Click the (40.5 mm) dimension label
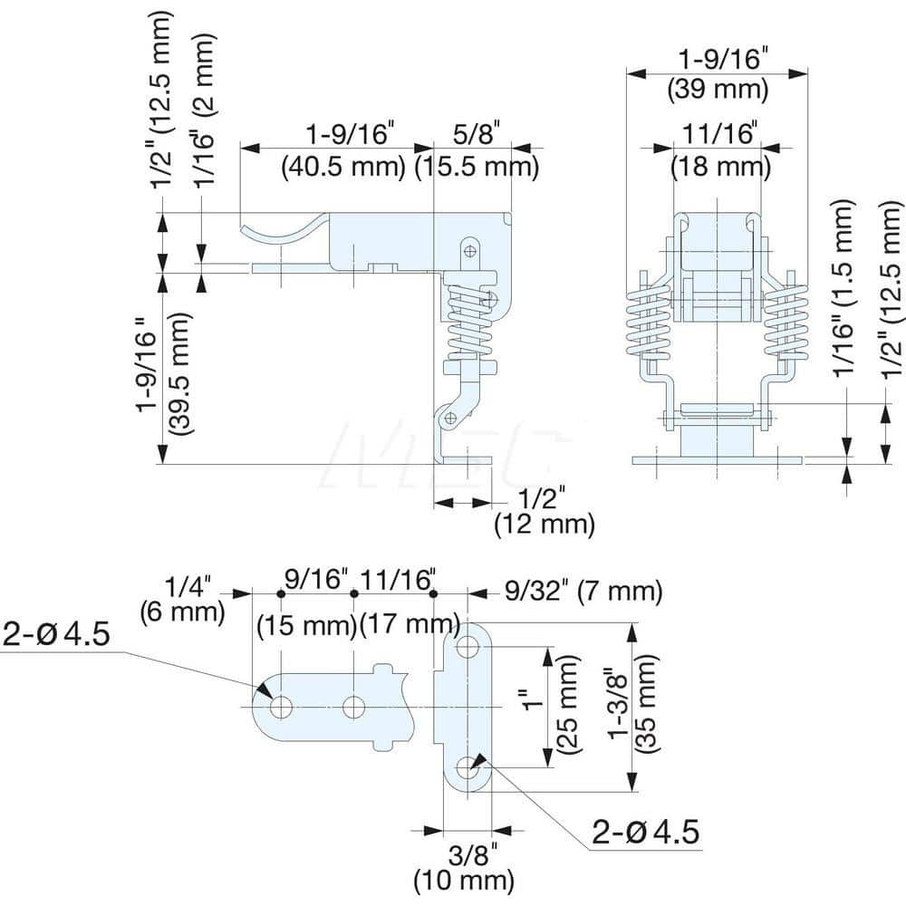(343, 167)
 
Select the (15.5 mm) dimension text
(477, 167)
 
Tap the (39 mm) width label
(718, 90)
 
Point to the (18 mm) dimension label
(720, 167)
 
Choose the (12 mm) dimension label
(544, 524)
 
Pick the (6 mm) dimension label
(182, 612)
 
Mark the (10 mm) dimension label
(464, 880)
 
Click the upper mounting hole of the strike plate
(467, 647)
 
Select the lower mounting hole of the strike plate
(467, 767)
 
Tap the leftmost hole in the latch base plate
(281, 707)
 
